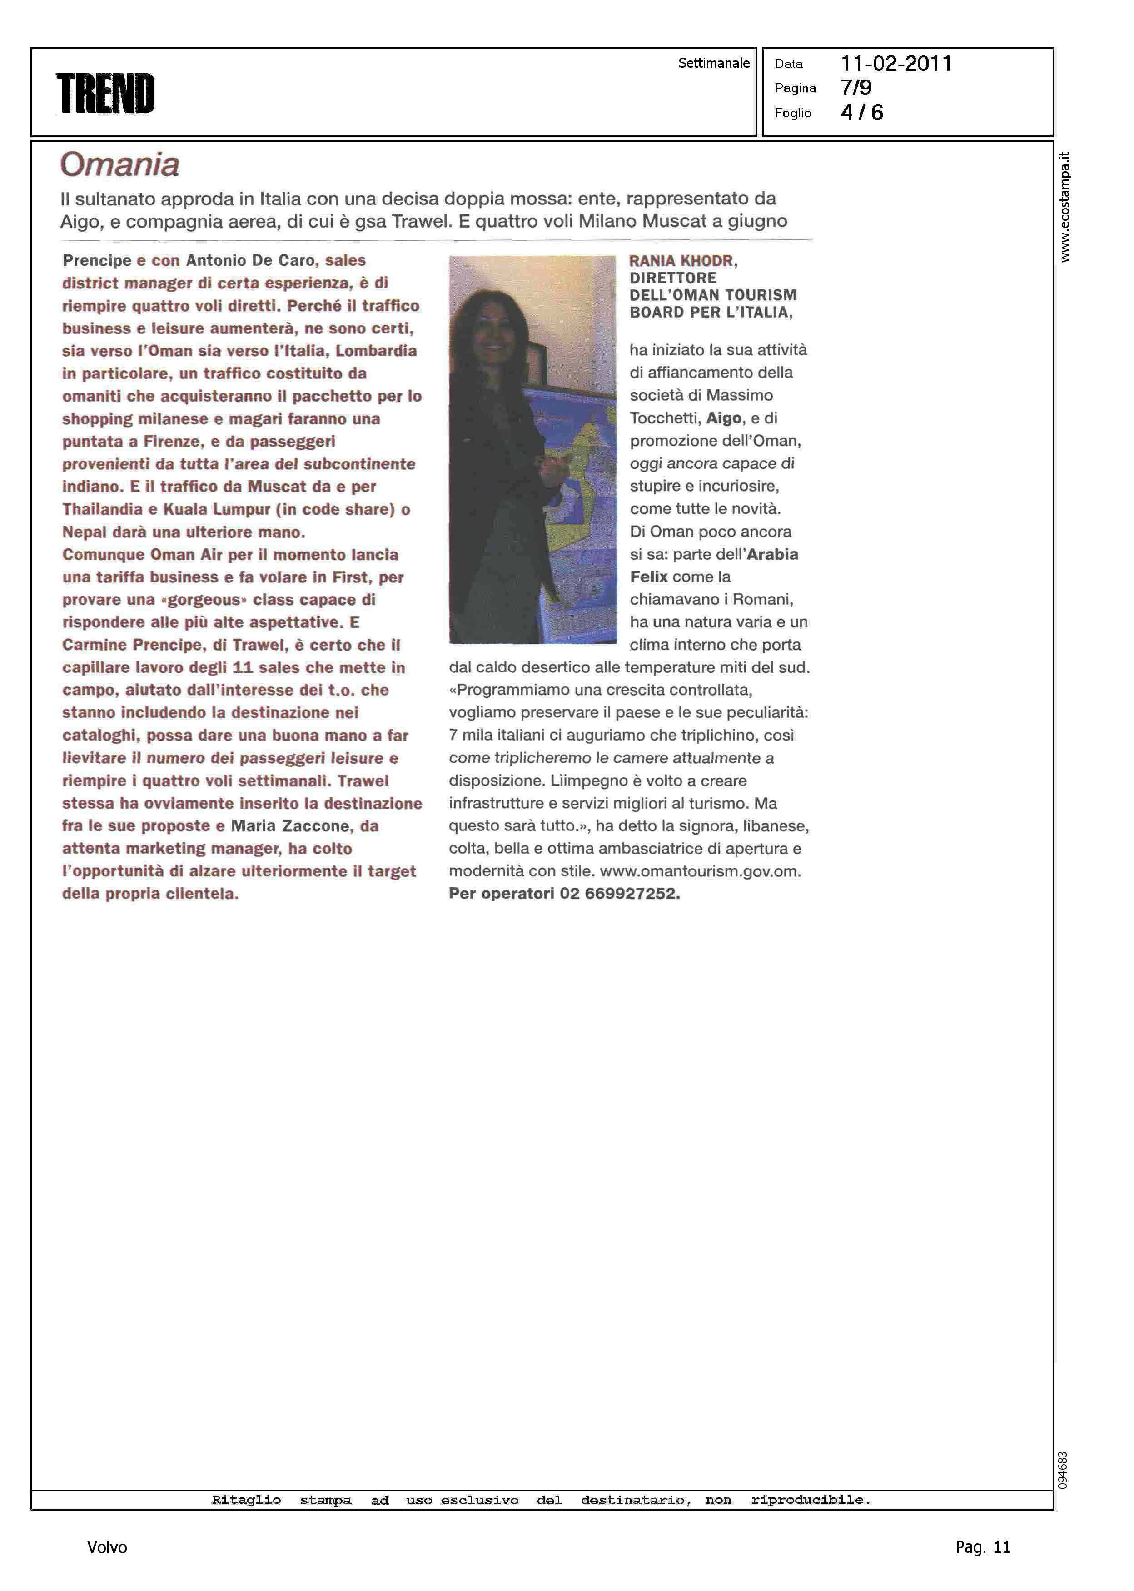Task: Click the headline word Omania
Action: [120, 165]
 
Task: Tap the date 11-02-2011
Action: [896, 64]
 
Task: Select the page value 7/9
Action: [856, 88]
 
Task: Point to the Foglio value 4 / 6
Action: [862, 112]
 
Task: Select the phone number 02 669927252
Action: [619, 894]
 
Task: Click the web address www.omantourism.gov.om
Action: [701, 871]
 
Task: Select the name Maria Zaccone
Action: [290, 826]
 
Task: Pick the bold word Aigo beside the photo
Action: [724, 418]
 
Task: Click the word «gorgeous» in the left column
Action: [204, 600]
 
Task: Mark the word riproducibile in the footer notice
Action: [811, 1500]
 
